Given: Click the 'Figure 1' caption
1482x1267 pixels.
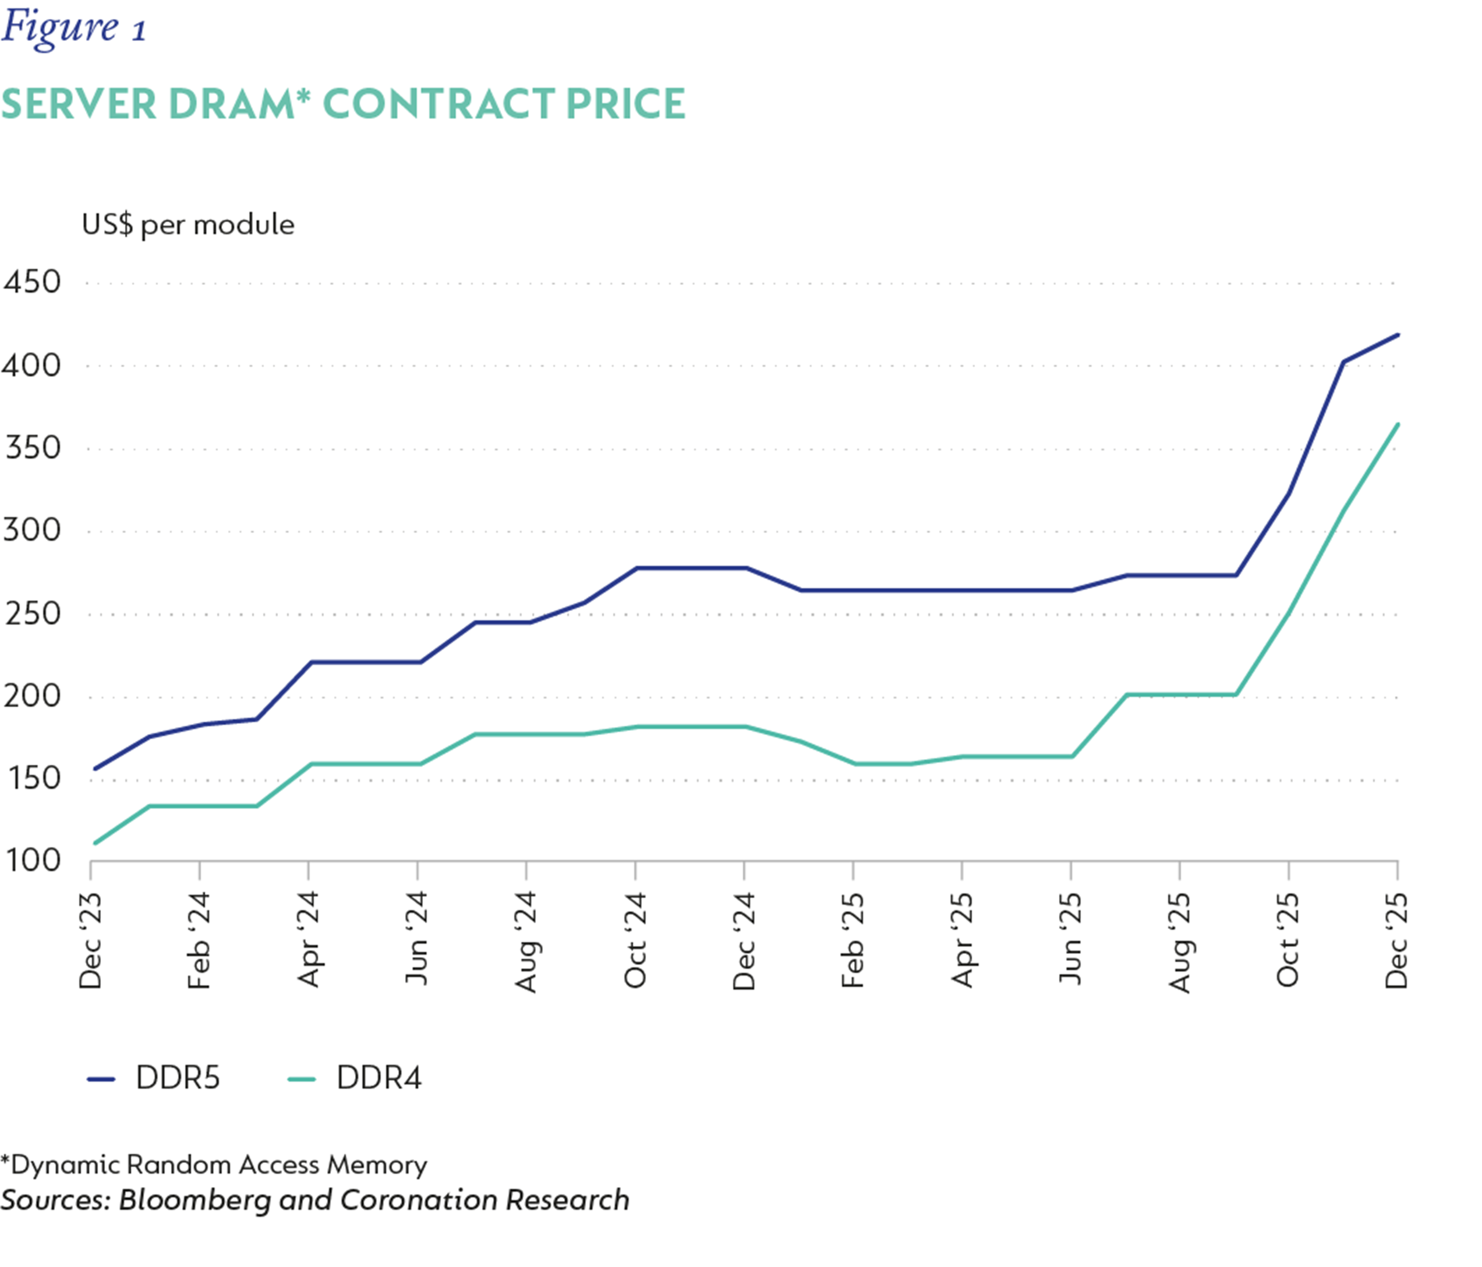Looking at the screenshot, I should tap(74, 29).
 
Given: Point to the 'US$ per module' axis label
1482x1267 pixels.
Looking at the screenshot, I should tap(187, 225).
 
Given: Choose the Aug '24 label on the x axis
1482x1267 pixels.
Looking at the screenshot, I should tap(527, 941).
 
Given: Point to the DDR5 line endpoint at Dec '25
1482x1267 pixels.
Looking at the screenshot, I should tap(1397, 335).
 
